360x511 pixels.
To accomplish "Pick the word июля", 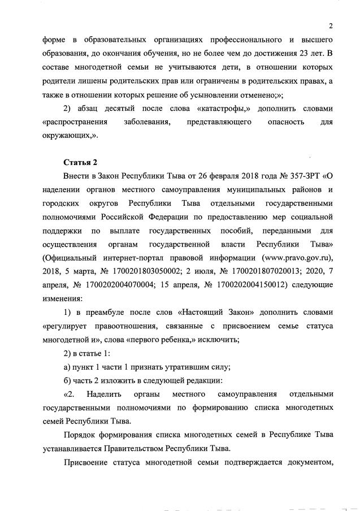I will coord(207,271).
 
